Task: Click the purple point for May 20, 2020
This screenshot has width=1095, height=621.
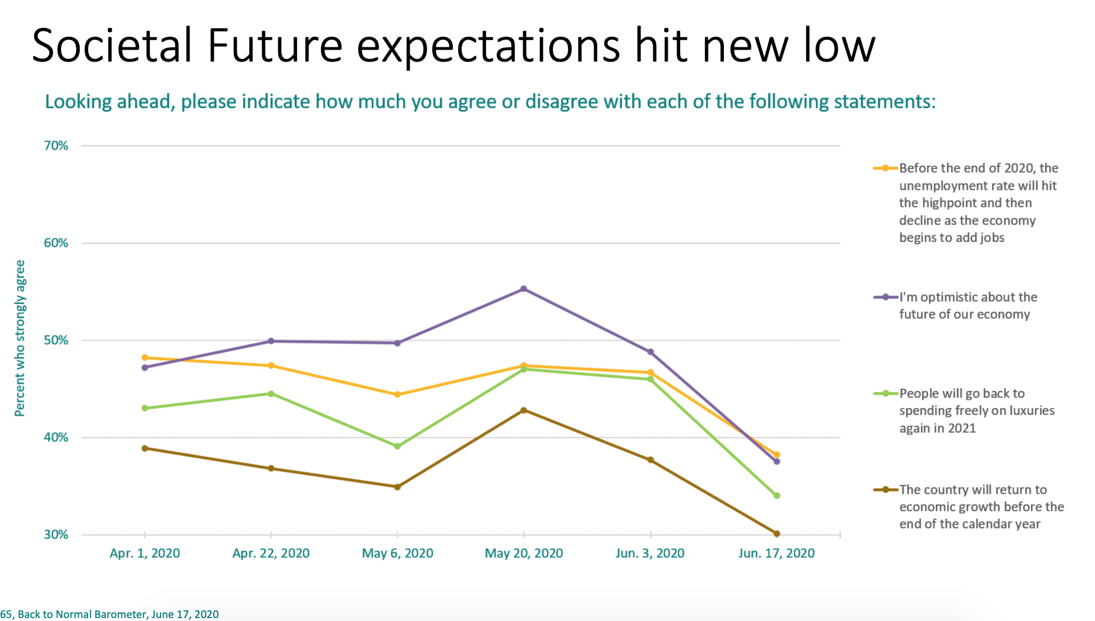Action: pos(524,289)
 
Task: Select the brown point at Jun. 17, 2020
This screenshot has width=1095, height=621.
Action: pos(777,533)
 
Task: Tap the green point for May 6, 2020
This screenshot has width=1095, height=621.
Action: pos(397,447)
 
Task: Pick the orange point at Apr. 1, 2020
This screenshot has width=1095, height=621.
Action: pos(145,358)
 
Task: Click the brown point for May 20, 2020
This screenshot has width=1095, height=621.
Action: pos(524,410)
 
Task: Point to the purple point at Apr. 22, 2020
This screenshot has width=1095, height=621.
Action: pos(271,341)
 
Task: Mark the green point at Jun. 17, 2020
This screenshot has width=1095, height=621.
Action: pos(777,496)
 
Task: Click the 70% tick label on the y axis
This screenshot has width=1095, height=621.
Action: pos(56,145)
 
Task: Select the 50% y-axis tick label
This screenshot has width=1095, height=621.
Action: pos(56,340)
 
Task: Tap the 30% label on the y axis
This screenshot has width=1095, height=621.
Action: pos(56,535)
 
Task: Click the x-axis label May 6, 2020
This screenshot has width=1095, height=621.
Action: pos(397,554)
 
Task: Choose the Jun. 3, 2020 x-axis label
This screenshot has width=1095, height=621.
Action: pos(650,554)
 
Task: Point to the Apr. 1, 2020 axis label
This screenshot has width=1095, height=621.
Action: pos(145,554)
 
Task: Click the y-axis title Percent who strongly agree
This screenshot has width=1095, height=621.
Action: pos(20,338)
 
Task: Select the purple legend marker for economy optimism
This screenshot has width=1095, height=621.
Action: pos(885,297)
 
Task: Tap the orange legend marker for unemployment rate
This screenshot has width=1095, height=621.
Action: pos(885,168)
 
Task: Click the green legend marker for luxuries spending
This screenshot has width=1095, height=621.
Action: pos(885,393)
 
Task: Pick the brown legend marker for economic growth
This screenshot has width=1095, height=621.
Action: pos(885,490)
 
